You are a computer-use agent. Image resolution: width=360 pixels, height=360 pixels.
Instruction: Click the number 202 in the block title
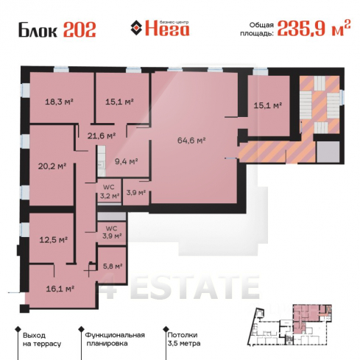click(x=80, y=30)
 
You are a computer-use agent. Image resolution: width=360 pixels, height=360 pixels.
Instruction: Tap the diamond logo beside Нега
click(x=136, y=28)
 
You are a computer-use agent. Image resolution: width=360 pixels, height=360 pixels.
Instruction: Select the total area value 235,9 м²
click(x=314, y=28)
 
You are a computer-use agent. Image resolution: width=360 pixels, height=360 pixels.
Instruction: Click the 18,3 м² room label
click(x=60, y=102)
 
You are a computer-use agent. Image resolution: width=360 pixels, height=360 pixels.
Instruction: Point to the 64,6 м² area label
click(x=191, y=141)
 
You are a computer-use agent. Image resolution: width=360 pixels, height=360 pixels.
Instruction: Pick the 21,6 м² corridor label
click(x=102, y=135)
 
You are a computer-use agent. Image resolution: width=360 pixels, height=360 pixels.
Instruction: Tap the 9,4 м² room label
click(x=127, y=161)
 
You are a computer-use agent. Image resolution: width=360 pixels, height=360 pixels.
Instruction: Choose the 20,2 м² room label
click(x=52, y=166)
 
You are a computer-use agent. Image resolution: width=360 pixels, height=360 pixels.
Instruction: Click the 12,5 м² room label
click(x=54, y=239)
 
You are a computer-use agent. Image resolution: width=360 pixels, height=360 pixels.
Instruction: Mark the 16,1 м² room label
click(x=60, y=289)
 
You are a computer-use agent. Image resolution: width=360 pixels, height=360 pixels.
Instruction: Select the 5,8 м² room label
click(x=113, y=266)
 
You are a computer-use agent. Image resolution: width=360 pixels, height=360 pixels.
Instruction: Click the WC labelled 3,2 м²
click(x=110, y=191)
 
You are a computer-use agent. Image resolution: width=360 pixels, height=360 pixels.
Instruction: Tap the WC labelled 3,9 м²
click(x=112, y=232)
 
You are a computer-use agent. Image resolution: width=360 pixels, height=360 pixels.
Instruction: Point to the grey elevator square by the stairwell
click(x=328, y=152)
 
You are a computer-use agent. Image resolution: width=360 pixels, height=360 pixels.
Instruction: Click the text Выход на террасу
click(x=42, y=339)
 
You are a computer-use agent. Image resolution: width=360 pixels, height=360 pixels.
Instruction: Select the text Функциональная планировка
click(x=115, y=339)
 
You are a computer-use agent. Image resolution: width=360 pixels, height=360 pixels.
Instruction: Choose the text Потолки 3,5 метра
click(x=184, y=339)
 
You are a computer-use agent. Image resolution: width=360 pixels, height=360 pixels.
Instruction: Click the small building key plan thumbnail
click(x=290, y=325)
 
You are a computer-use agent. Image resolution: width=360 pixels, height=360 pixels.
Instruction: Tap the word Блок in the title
click(x=38, y=30)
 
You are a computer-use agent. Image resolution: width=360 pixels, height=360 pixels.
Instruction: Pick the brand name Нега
click(x=167, y=29)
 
